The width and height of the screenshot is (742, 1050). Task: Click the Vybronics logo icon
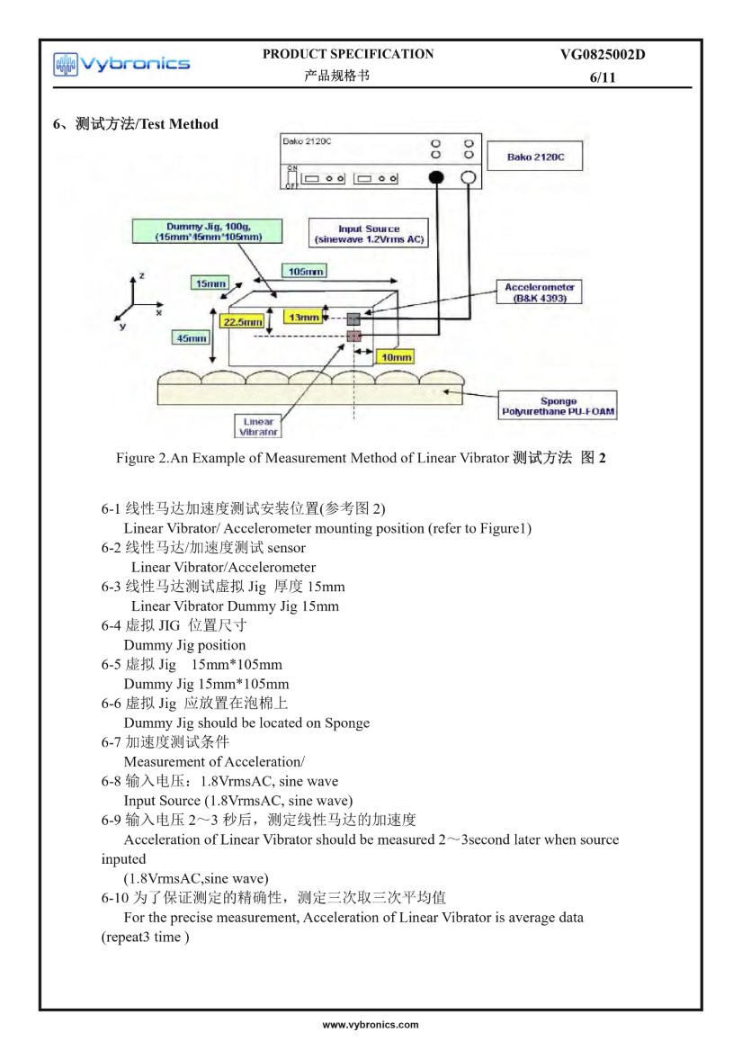[x=66, y=64]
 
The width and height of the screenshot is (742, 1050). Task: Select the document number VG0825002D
[x=602, y=55]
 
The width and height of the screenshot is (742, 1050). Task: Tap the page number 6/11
[x=602, y=78]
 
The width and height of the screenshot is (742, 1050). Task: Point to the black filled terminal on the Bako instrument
[x=437, y=177]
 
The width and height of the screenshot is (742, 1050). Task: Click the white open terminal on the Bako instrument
[x=468, y=177]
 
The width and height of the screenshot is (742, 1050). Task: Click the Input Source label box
[x=368, y=234]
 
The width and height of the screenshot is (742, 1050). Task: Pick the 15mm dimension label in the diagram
[x=210, y=283]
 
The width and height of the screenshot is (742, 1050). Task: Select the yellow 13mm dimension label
[x=303, y=317]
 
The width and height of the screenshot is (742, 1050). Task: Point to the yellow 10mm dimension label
[x=392, y=356]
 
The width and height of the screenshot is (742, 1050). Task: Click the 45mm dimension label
[x=190, y=338]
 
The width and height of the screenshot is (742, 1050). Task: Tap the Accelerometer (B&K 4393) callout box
[x=541, y=292]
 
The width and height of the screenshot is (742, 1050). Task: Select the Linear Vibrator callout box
[x=259, y=426]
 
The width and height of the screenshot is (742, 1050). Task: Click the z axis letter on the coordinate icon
[x=142, y=274]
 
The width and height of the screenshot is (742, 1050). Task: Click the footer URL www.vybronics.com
[x=371, y=1025]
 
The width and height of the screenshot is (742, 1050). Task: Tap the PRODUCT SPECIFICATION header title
[x=347, y=54]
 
